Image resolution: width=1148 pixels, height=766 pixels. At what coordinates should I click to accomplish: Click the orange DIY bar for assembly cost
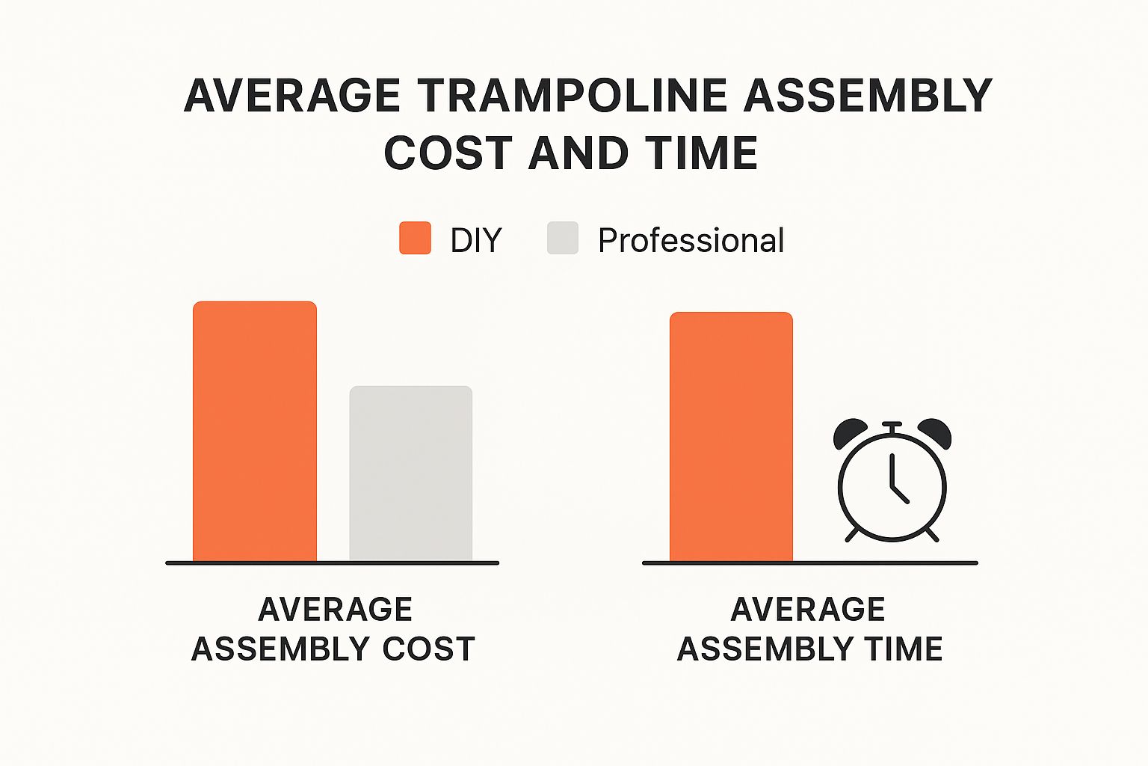255,431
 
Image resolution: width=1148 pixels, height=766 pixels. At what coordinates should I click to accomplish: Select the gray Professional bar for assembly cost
411,473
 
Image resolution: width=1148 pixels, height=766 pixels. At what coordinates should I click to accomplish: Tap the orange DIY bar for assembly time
731,436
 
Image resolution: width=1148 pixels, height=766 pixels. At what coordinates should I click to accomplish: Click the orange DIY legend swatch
415,239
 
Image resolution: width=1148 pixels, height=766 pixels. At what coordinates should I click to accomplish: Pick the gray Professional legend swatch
563,239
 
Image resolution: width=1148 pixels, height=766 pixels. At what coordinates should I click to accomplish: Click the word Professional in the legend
691,241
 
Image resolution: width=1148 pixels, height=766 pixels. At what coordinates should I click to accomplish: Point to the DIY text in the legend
475,241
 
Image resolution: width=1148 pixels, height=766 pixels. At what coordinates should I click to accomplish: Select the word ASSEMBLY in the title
868,96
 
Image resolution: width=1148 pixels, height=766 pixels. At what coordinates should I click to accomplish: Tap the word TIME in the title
703,153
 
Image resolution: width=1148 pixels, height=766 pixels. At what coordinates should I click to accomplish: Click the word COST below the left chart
429,649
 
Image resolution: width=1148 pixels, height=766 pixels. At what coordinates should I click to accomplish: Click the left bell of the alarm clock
850,432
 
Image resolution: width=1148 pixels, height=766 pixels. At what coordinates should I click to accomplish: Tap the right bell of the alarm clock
935,432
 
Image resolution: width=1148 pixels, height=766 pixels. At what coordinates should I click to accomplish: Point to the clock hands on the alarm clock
895,482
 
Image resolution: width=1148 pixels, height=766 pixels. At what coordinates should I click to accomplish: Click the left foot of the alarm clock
852,534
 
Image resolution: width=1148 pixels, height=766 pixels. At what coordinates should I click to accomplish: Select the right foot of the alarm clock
931,534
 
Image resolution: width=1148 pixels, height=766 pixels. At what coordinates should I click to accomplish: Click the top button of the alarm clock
892,425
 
